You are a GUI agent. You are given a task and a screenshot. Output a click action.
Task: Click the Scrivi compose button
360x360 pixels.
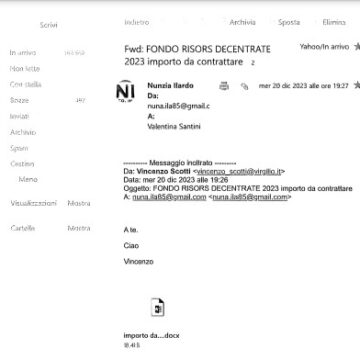(x=47, y=23)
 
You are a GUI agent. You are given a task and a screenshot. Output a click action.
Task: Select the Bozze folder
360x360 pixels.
(x=19, y=100)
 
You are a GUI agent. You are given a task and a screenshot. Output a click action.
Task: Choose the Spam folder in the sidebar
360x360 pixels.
(x=19, y=147)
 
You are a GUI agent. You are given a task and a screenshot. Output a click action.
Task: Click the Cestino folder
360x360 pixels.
(x=22, y=163)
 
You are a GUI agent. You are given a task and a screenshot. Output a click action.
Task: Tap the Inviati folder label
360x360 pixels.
(x=20, y=116)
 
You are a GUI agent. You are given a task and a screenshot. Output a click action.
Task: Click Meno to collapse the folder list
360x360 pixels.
(x=28, y=178)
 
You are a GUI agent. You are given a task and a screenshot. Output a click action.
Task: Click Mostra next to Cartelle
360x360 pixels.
(x=78, y=228)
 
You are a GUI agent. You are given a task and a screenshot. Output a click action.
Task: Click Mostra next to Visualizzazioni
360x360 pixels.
(x=78, y=202)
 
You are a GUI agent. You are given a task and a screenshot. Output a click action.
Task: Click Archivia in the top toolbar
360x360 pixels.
(x=242, y=21)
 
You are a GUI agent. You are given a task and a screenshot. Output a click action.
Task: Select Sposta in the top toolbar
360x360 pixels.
(x=289, y=21)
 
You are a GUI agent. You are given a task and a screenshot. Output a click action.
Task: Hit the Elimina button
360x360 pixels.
(x=334, y=21)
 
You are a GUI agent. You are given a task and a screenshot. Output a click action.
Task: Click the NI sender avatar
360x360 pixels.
(x=125, y=90)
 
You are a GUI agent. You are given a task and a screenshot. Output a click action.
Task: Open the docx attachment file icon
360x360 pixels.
(x=157, y=306)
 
